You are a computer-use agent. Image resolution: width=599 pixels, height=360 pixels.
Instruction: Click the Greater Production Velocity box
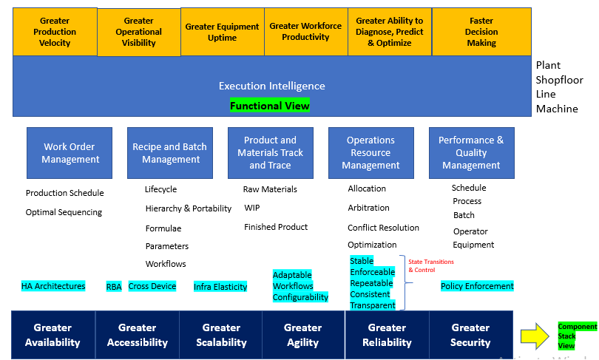coord(55,32)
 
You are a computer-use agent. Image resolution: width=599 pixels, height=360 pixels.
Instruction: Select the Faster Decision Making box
coord(481,32)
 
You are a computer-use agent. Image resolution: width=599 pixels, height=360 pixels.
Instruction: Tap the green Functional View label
coord(270,106)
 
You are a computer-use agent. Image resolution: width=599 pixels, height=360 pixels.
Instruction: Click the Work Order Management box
coord(70,153)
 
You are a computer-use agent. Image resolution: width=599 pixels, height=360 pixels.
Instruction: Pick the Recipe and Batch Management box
coord(171,153)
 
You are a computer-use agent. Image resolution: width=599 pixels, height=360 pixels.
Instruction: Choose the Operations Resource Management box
coord(370,153)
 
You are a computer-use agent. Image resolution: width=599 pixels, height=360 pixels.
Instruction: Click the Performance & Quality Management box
coord(471,153)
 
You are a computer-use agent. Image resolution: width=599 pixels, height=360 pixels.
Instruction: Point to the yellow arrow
coord(536,337)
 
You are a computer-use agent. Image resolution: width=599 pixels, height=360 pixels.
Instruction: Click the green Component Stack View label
coord(577,336)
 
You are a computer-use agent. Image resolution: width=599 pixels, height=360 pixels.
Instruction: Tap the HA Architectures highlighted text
coord(53,286)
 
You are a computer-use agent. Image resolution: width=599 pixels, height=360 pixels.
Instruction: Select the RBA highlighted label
coord(114,287)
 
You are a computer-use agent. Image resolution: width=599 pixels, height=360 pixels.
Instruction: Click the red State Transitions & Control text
coord(431,265)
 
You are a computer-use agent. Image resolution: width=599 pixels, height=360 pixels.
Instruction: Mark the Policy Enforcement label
coord(477,286)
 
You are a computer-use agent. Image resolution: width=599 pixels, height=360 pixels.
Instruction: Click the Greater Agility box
coord(302,335)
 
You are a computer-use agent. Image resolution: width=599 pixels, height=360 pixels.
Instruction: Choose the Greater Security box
coord(470,335)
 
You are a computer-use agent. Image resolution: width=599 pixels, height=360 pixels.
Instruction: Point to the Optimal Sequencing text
coord(64,212)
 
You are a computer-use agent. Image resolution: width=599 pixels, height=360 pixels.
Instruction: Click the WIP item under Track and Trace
coord(252,208)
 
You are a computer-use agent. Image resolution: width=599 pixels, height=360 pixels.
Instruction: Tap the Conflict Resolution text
coord(383,228)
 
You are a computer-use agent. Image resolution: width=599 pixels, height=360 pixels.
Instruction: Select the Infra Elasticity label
coord(220,287)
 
